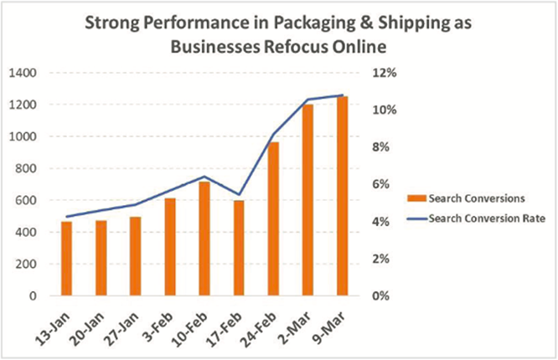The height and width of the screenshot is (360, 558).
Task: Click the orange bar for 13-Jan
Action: (x=67, y=259)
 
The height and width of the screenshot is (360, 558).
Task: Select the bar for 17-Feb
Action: (x=239, y=248)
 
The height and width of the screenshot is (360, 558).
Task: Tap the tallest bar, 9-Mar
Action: (x=342, y=196)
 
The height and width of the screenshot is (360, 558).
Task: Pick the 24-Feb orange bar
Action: (x=273, y=219)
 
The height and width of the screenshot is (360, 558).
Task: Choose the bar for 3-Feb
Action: (x=170, y=247)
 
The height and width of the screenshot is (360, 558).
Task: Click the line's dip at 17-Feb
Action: (x=239, y=195)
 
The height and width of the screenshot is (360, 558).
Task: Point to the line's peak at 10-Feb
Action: (x=204, y=177)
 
